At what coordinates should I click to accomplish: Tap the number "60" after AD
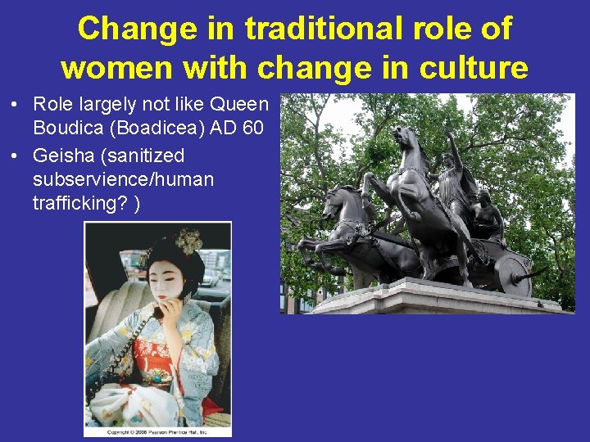coord(256,129)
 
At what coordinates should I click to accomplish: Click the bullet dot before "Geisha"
coord(16,156)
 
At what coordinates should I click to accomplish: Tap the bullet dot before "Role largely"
coord(16,105)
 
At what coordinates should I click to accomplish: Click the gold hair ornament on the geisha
coord(188,240)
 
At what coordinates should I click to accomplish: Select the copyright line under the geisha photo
coord(157,431)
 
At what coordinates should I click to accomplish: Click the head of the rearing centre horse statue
coord(403,135)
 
